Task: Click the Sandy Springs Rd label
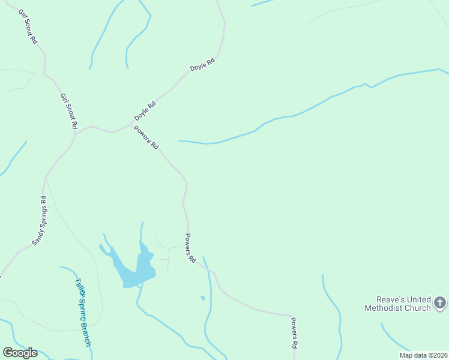pyautogui.click(x=38, y=221)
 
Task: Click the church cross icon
pyautogui.click(x=440, y=303)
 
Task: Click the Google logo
pyautogui.click(x=20, y=353)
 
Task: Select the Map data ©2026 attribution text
pyautogui.click(x=423, y=355)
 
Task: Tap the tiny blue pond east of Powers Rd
pyautogui.click(x=203, y=298)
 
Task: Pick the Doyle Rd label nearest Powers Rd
pyautogui.click(x=145, y=110)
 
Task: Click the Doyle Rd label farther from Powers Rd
pyautogui.click(x=202, y=65)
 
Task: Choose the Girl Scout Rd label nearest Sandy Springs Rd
pyautogui.click(x=68, y=111)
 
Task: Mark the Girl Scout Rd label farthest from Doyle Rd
pyautogui.click(x=28, y=26)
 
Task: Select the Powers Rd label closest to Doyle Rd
pyautogui.click(x=146, y=137)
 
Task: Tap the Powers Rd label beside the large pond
pyautogui.click(x=190, y=248)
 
